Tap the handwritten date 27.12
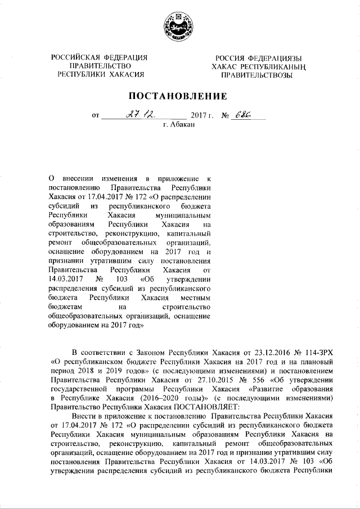pos(134,115)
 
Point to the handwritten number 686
pos(243,114)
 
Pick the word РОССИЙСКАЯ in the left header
pos(73,58)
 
